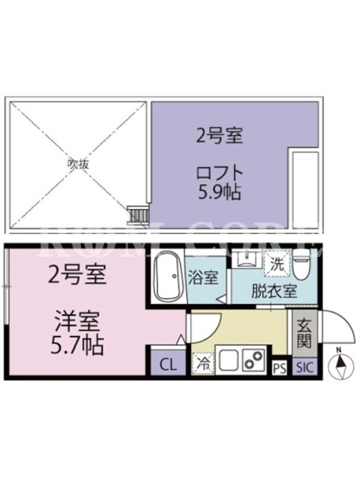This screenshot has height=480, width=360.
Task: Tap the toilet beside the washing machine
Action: pyautogui.click(x=301, y=265)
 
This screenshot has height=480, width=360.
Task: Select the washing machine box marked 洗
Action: pyautogui.click(x=277, y=263)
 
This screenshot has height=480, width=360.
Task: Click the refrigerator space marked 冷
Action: pyautogui.click(x=203, y=364)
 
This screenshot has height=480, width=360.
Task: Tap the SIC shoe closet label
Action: pyautogui.click(x=304, y=367)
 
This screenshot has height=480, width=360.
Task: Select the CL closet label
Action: pyautogui.click(x=169, y=365)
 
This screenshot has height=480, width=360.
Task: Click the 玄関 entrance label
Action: pyautogui.click(x=304, y=334)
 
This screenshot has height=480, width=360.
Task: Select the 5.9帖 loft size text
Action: pyautogui.click(x=219, y=191)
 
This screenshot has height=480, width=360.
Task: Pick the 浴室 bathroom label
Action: pyautogui.click(x=203, y=277)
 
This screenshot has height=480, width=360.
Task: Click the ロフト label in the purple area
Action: pyautogui.click(x=220, y=173)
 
